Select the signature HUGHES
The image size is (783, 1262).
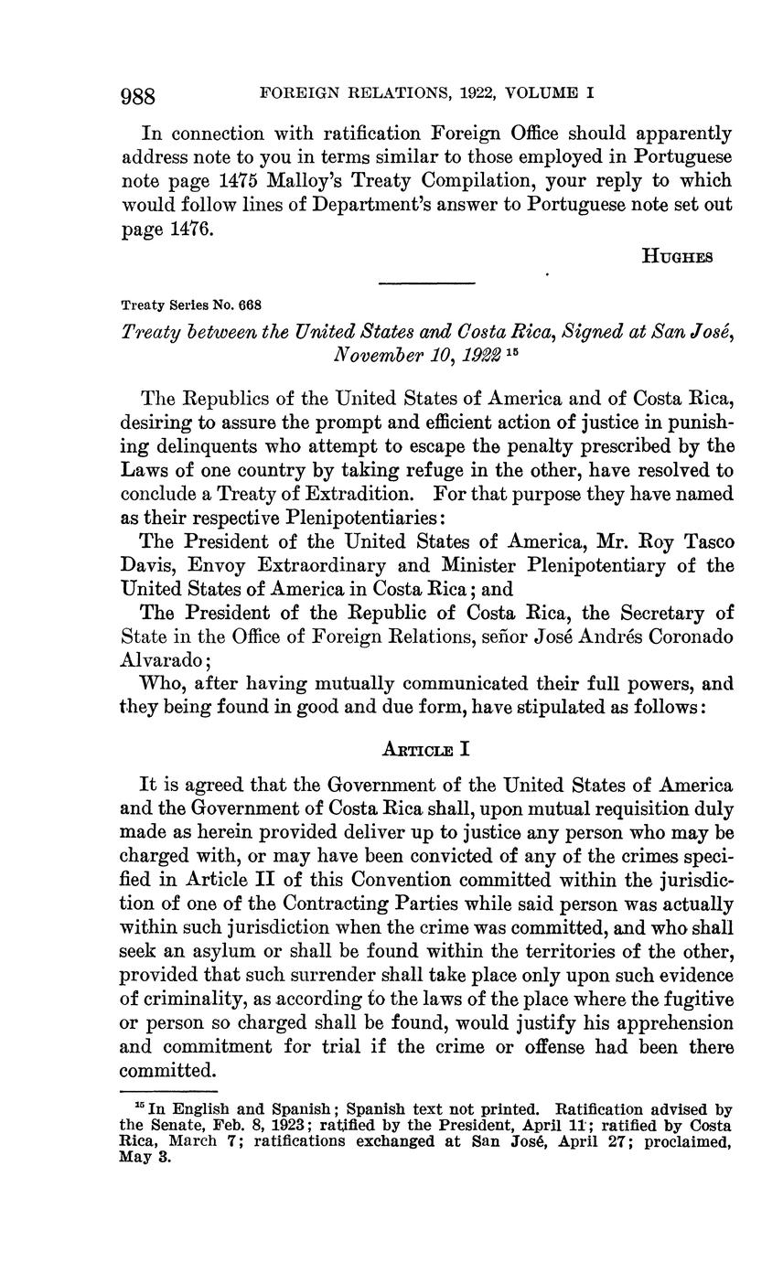coord(678,257)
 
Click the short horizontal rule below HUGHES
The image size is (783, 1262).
coord(426,283)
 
